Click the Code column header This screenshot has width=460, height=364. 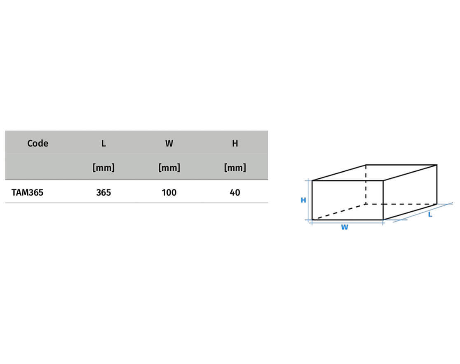pyautogui.click(x=38, y=143)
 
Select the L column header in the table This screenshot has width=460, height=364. pyautogui.click(x=103, y=143)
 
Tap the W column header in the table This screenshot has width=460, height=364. pyautogui.click(x=169, y=143)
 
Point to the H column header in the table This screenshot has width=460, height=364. pyautogui.click(x=235, y=143)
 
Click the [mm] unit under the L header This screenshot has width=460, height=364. pyautogui.click(x=103, y=168)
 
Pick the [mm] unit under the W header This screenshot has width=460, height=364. pyautogui.click(x=169, y=168)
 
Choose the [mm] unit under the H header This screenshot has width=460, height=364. pyautogui.click(x=235, y=168)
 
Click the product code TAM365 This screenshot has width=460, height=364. pyautogui.click(x=27, y=193)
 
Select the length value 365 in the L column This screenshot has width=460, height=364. pyautogui.click(x=103, y=193)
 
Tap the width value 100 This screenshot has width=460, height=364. pyautogui.click(x=169, y=193)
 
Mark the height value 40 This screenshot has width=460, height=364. pyautogui.click(x=235, y=193)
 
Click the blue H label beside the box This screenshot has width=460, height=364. pyautogui.click(x=303, y=200)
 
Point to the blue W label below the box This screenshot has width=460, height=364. pyautogui.click(x=345, y=227)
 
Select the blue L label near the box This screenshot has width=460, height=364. pyautogui.click(x=430, y=215)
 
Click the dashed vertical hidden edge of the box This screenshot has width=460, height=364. pyautogui.click(x=366, y=184)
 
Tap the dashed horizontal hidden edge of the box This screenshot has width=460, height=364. pyautogui.click(x=401, y=204)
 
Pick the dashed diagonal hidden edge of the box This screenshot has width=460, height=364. pyautogui.click(x=339, y=212)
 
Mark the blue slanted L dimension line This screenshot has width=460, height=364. pyautogui.click(x=423, y=212)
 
